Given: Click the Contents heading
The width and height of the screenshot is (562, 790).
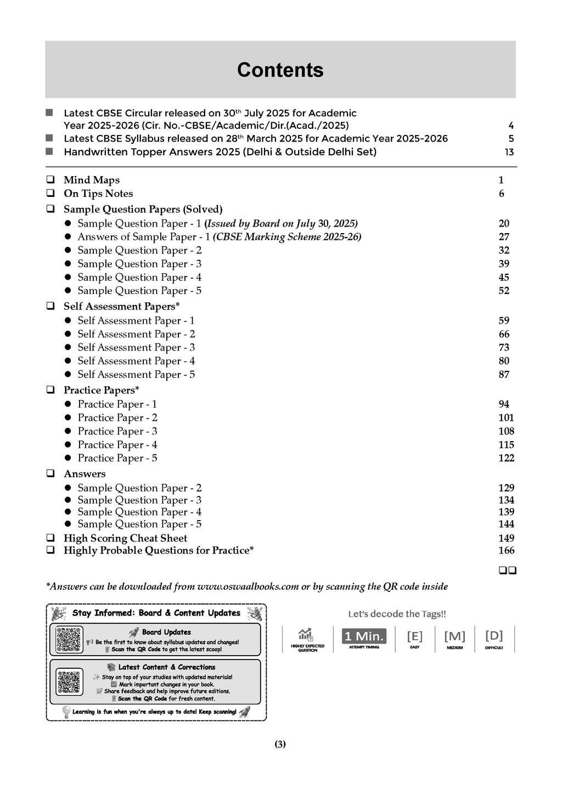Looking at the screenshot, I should pyautogui.click(x=280, y=70).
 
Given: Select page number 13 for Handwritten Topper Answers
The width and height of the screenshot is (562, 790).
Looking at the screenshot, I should pyautogui.click(x=509, y=152).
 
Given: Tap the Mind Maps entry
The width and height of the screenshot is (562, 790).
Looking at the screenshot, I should pyautogui.click(x=91, y=180).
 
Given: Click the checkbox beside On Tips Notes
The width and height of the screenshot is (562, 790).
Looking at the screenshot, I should pyautogui.click(x=50, y=193).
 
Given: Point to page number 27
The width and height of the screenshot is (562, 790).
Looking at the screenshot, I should pyautogui.click(x=504, y=237).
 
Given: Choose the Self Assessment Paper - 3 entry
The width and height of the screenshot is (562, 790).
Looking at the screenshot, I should pyautogui.click(x=136, y=347).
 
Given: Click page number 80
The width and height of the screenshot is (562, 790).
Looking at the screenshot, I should pyautogui.click(x=504, y=361).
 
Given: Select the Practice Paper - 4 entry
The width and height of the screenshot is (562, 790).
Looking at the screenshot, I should pyautogui.click(x=117, y=445).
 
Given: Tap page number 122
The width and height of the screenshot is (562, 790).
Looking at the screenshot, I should pyautogui.click(x=506, y=458).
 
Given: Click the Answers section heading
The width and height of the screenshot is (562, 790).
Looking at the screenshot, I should pyautogui.click(x=85, y=474).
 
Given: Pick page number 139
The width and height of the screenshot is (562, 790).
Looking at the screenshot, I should pyautogui.click(x=506, y=512).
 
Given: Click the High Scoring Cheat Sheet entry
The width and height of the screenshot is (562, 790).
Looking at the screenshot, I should pyautogui.click(x=125, y=538).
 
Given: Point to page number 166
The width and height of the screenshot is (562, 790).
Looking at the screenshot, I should pyautogui.click(x=506, y=550).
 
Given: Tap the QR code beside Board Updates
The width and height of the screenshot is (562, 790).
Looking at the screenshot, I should pyautogui.click(x=69, y=640).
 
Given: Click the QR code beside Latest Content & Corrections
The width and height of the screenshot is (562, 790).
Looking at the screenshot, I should pyautogui.click(x=69, y=681).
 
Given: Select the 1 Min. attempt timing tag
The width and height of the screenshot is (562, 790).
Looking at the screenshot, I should pyautogui.click(x=364, y=637).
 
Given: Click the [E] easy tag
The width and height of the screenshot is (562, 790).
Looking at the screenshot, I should pyautogui.click(x=414, y=637).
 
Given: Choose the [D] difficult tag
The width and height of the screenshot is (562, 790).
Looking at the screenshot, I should pyautogui.click(x=494, y=636).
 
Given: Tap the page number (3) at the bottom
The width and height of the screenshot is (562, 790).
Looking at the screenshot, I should pyautogui.click(x=280, y=744).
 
